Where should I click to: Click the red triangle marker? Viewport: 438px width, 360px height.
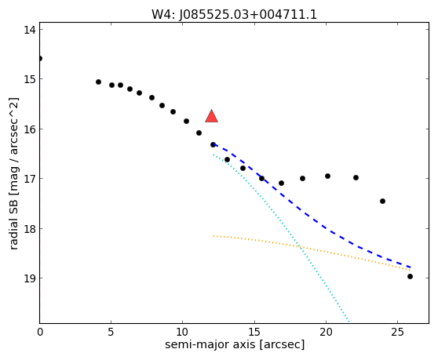tap(211, 117)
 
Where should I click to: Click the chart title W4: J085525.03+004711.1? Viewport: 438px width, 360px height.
tap(234, 15)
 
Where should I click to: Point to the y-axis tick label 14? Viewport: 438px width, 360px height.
tap(30, 30)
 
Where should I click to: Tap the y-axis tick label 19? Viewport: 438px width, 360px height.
tap(30, 278)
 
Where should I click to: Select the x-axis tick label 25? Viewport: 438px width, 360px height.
tap(397, 332)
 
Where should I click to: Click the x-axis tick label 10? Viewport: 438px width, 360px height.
tap(182, 332)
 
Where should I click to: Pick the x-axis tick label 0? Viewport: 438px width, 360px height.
tap(40, 332)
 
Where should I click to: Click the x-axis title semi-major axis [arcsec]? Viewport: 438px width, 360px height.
tap(235, 344)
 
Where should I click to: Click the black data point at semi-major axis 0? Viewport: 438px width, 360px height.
tap(40, 58)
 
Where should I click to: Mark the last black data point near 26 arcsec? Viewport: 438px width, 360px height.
tap(410, 277)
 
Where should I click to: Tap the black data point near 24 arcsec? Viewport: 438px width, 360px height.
tap(383, 202)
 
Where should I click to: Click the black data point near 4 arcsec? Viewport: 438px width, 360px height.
tap(98, 82)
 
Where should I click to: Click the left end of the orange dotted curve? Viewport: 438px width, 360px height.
tap(214, 236)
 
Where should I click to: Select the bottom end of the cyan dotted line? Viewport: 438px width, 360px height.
tap(349, 322)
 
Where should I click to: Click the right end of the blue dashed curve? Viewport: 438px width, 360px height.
tap(410, 267)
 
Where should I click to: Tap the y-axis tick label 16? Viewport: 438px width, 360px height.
tap(30, 129)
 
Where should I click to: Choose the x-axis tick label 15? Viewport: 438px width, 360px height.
tap(254, 332)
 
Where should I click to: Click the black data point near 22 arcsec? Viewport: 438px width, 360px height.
tap(356, 177)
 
